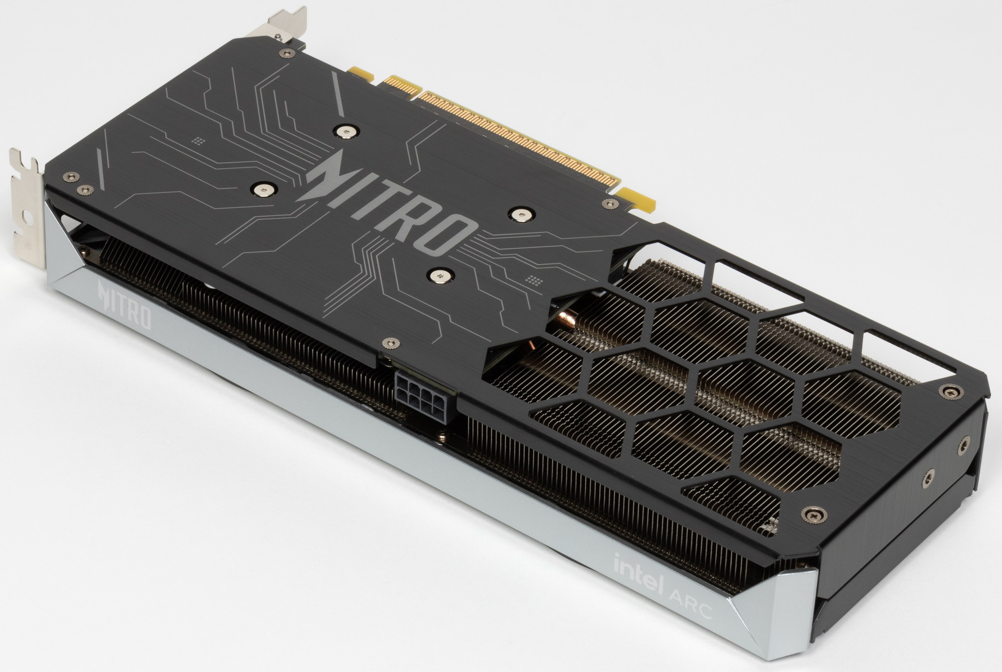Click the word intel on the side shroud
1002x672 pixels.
(x=639, y=573)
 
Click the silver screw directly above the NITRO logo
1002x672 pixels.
(x=346, y=132)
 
